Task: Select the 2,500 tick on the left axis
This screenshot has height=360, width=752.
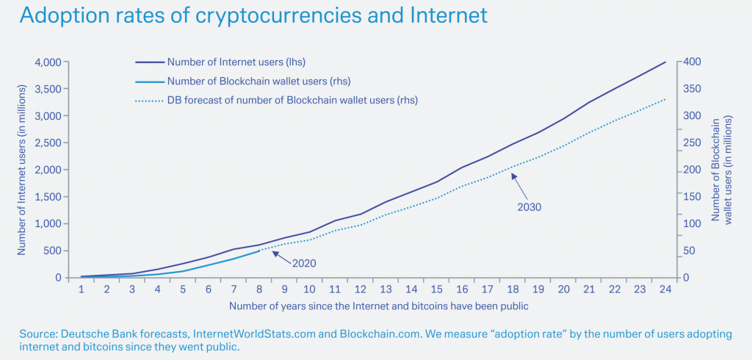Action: pos(51,143)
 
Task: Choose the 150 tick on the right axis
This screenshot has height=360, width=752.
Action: pos(693,197)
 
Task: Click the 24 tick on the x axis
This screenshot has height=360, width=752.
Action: pos(665,289)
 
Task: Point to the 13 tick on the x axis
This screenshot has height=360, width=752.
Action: pos(386,289)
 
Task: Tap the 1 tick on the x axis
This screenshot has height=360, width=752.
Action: pos(82,289)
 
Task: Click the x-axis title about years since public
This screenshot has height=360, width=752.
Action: pos(378,305)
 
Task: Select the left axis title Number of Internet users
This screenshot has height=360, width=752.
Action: pos(21,170)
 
